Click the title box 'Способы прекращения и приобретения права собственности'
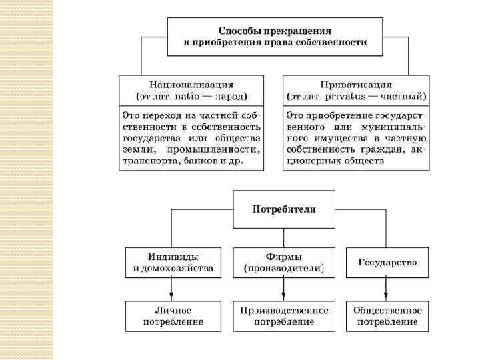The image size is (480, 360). (x=275, y=37)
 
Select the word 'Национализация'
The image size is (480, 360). (x=191, y=85)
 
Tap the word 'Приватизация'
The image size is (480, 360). (x=355, y=85)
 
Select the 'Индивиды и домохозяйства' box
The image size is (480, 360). (x=172, y=263)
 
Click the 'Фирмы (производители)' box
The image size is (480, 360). (x=284, y=263)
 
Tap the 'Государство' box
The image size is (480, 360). (x=387, y=263)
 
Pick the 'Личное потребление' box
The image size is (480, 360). (x=172, y=316)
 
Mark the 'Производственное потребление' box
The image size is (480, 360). (x=284, y=316)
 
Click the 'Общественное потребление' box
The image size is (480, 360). (x=387, y=316)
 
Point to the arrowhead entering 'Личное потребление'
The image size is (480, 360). (x=172, y=297)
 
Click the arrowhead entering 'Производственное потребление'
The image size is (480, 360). (x=284, y=297)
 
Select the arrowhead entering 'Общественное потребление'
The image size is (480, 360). (x=387, y=297)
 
